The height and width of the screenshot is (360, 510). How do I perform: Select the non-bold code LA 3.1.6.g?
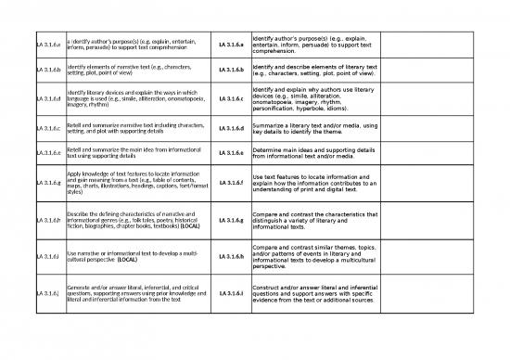pyautogui.click(x=47, y=182)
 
